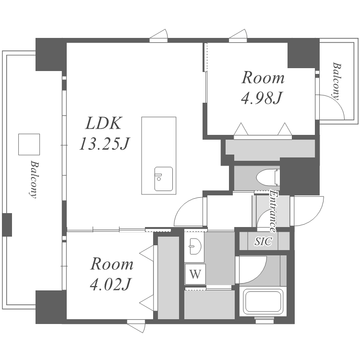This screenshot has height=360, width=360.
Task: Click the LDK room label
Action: coord(104,123)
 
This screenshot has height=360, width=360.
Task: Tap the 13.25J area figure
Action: coord(105,144)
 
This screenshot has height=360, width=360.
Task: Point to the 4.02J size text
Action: coord(111,284)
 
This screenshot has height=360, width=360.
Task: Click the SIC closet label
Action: coord(264,241)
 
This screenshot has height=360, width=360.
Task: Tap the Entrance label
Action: coord(273,211)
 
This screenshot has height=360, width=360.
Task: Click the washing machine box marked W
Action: coord(195,274)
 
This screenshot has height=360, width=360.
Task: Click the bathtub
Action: coord(263,302)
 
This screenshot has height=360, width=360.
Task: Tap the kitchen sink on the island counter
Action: coord(164,179)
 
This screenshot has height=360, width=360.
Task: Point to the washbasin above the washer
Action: coord(195,246)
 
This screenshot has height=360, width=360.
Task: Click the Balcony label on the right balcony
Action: coord(336,81)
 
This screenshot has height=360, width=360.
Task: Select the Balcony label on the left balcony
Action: coord(34,180)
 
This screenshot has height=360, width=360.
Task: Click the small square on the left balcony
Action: coord(29,144)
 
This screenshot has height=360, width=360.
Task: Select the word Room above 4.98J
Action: coord(263,78)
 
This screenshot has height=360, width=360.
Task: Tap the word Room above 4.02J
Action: coord(112,264)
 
